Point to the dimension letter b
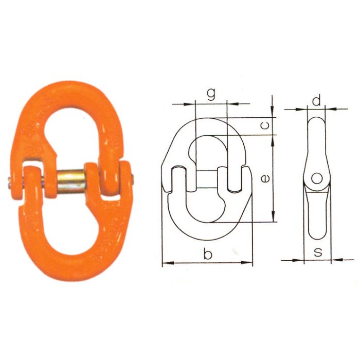(x=207, y=254)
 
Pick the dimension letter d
(x=317, y=100)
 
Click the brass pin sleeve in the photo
(x=70, y=179)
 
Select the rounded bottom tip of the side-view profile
(x=317, y=238)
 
